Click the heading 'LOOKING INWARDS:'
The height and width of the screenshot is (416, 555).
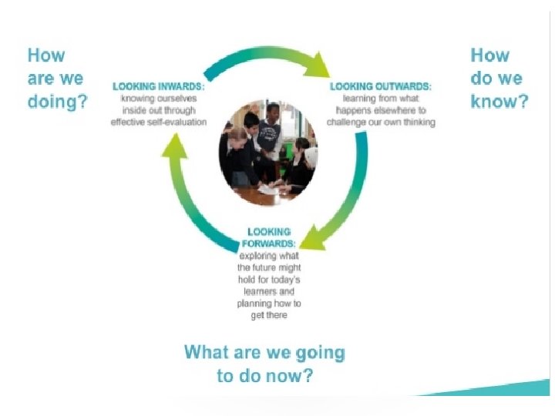160,88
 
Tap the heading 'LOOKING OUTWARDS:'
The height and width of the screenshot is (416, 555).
381,88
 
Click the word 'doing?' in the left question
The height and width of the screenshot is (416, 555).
57,102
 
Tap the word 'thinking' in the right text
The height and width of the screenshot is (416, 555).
416,122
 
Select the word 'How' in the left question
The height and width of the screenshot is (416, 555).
46,55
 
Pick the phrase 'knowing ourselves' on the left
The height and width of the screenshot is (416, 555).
159,99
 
